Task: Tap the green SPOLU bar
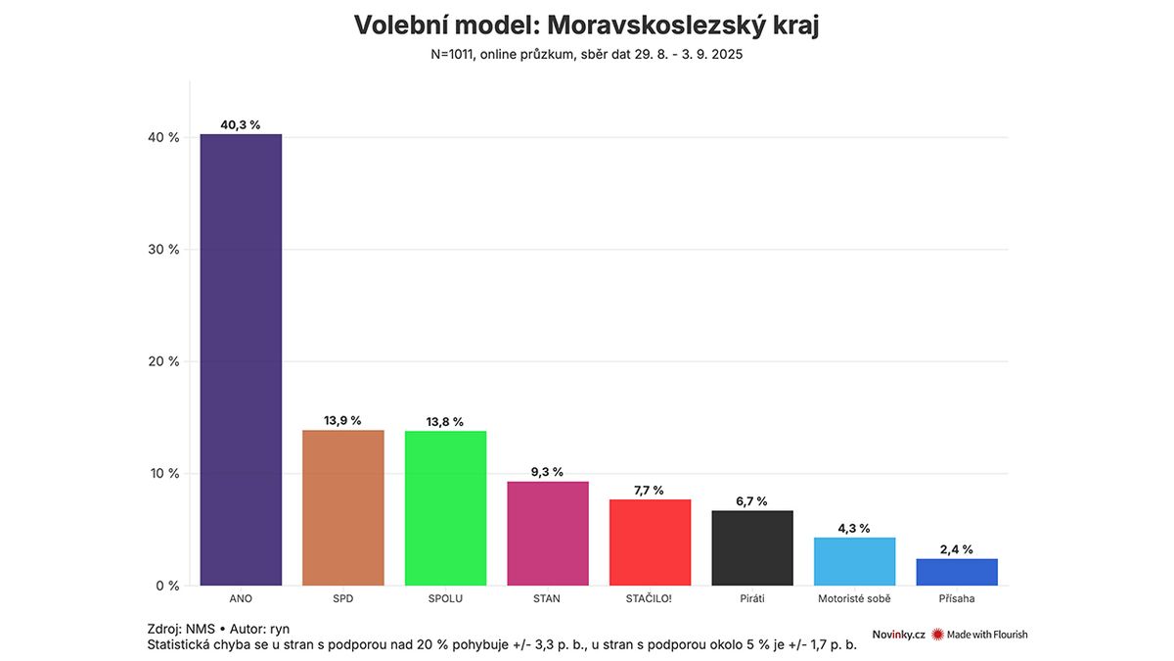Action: (445, 508)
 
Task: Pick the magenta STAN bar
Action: (548, 534)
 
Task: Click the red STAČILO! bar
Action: (650, 543)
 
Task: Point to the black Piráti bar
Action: (752, 548)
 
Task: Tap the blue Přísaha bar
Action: (957, 572)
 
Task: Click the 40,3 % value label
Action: (241, 125)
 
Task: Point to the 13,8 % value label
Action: (445, 422)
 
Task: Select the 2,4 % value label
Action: (957, 549)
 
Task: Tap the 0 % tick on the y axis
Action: (168, 586)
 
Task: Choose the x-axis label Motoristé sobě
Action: (854, 598)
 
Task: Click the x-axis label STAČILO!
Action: (650, 598)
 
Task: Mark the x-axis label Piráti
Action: (752, 598)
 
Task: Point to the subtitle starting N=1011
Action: (586, 55)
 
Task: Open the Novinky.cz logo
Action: (898, 635)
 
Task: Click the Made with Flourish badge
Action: (979, 635)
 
